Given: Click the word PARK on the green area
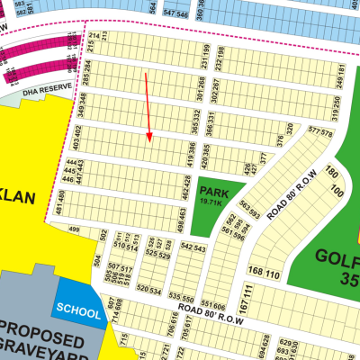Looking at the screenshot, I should coord(214,192).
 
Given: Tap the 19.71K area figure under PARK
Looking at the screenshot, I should coord(213,203).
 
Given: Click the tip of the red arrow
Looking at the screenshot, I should coord(150,142).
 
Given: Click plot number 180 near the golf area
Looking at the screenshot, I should coord(330,173).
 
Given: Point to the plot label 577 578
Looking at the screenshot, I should coord(320,132).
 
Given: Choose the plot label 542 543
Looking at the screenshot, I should coord(193,247).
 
